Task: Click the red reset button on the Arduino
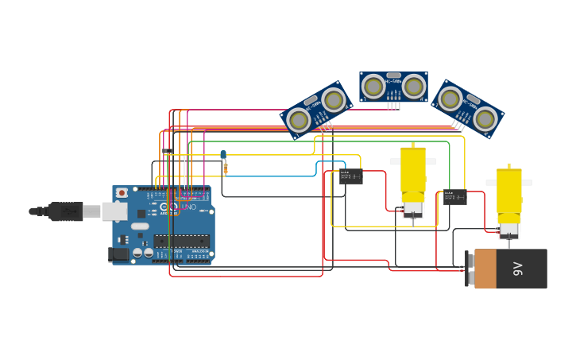[x=122, y=192]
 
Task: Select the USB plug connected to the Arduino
[x=67, y=211]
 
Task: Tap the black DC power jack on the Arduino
[x=118, y=254]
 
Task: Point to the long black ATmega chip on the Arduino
[x=181, y=241]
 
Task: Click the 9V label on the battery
[x=518, y=269]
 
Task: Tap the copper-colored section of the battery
[x=485, y=269]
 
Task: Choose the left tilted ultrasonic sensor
[x=316, y=110]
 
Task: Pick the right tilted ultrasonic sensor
[x=468, y=109]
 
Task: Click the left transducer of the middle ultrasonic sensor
[x=373, y=85]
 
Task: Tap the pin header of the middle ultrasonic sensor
[x=393, y=105]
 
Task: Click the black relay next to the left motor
[x=350, y=176]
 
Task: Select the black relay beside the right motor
[x=454, y=197]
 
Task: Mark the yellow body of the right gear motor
[x=508, y=192]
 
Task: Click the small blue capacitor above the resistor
[x=223, y=155]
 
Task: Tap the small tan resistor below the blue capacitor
[x=226, y=168]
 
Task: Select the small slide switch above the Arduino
[x=168, y=151]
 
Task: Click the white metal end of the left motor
[x=412, y=210]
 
